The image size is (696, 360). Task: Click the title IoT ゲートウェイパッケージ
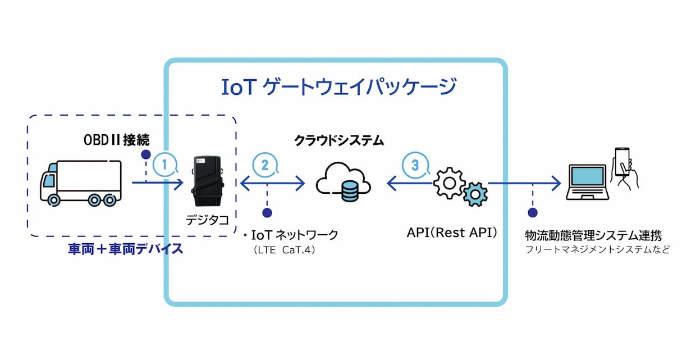339,87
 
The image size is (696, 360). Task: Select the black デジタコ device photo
207,181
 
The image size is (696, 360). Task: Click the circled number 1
165,165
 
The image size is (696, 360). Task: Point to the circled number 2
265,165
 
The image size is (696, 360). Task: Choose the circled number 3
415,165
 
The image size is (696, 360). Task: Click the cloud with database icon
344,182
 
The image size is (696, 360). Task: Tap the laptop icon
587,182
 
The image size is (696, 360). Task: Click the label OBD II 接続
116,140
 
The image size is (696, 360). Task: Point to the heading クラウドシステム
339,140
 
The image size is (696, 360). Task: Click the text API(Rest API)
452,233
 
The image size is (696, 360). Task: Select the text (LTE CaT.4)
285,250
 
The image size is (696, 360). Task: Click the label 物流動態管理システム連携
593,235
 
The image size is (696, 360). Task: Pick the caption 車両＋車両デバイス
126,249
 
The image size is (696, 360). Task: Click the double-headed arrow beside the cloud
273,183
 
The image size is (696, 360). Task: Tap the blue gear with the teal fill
475,194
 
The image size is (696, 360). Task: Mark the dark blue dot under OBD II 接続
146,154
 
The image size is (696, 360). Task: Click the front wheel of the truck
54,200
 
